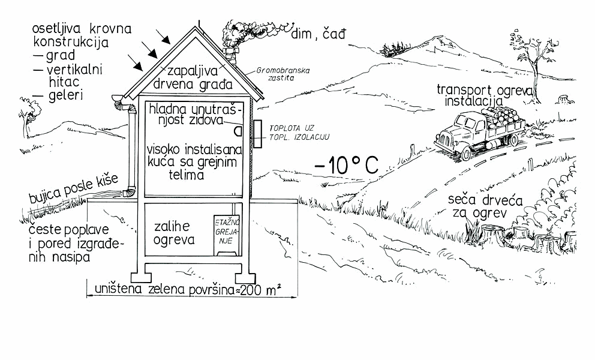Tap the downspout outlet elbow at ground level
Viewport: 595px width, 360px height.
[x=128, y=193]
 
